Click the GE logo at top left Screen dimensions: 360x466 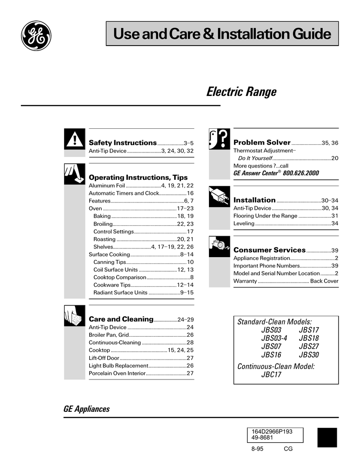36,35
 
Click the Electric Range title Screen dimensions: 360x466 241,92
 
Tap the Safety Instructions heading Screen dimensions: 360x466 122,143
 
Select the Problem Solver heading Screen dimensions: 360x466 262,143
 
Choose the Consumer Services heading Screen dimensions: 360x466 269,250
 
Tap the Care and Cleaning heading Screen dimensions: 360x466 121,319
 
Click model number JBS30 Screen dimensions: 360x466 309,355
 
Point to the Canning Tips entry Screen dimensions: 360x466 110,262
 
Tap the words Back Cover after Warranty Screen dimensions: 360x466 324,281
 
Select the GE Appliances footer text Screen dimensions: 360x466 86,409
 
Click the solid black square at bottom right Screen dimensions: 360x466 327,437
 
